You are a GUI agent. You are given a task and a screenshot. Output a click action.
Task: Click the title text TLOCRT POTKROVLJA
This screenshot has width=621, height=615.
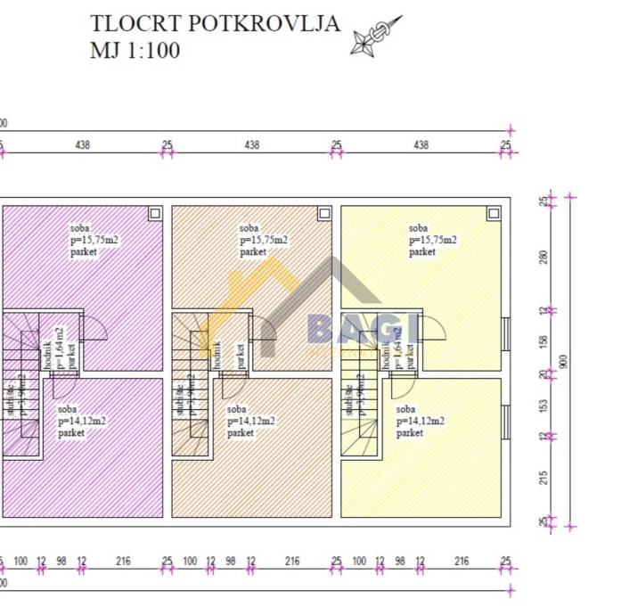[x=215, y=24]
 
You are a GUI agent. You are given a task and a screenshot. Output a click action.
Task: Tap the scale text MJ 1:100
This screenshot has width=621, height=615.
[x=135, y=50]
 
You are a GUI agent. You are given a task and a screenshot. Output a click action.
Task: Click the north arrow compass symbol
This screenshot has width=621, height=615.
[x=374, y=37]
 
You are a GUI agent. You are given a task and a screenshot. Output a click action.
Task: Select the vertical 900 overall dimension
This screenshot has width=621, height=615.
[x=563, y=360]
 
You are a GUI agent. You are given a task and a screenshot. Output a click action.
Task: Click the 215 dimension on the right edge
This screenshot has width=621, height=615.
[x=543, y=477]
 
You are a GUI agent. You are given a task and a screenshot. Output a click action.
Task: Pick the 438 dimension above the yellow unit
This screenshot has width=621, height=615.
[x=421, y=144]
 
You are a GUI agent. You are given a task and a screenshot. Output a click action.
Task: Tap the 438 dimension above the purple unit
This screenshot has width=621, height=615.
[x=82, y=144]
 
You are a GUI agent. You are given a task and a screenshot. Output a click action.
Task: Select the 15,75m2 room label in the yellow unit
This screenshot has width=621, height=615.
[x=433, y=240]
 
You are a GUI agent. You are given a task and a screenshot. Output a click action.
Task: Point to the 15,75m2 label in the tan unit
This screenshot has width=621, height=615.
[x=264, y=240]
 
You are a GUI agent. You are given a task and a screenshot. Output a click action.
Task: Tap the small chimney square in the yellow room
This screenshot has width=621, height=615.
[x=492, y=213]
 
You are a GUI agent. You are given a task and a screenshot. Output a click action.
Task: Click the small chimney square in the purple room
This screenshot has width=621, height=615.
[x=154, y=213]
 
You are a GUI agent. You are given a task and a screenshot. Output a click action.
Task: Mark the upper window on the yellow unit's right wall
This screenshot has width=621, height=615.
[x=505, y=337]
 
